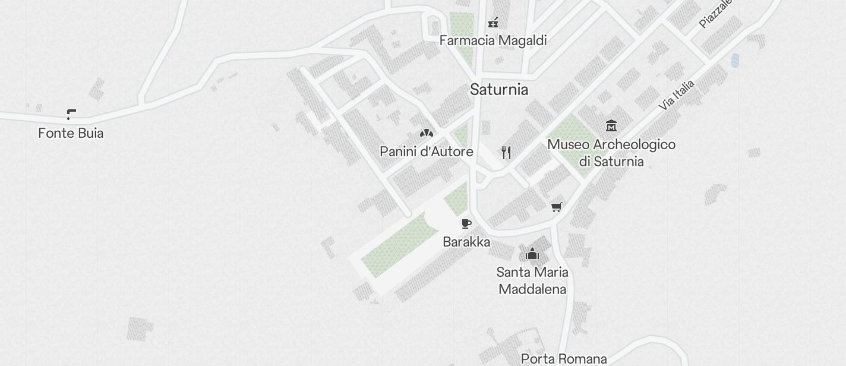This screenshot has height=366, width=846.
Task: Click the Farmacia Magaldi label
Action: pos(493,40)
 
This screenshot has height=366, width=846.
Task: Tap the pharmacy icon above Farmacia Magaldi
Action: pos(493,23)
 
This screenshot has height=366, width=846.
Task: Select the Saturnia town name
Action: pos(499,90)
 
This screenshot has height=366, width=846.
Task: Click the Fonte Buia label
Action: pos(71,133)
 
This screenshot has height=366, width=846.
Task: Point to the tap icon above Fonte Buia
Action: pos(71,114)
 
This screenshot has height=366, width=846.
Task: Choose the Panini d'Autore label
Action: pos(427,152)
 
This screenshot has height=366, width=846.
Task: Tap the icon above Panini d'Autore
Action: pos(426,132)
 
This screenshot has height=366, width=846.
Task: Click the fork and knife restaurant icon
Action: pos(506,153)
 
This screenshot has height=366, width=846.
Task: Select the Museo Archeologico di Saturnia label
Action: pos(611,153)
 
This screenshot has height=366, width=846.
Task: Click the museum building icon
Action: pos(611,125)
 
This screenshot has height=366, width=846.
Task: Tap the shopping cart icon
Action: pos(557,207)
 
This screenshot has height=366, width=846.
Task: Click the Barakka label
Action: pos(466,242)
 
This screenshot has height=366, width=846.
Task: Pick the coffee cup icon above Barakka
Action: pos(466,224)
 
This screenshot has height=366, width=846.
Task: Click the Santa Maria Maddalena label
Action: pos(532,280)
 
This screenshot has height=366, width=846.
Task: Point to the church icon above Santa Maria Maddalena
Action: pos(532,254)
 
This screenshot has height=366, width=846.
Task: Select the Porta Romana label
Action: pos(564,359)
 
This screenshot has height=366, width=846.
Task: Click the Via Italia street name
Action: pos(677,95)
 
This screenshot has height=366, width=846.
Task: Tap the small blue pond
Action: pos(735,60)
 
